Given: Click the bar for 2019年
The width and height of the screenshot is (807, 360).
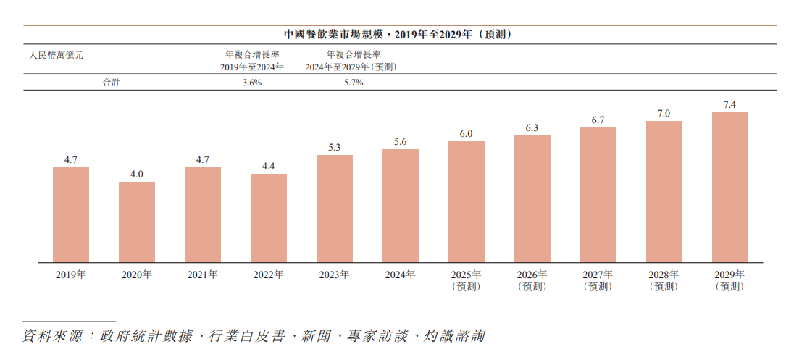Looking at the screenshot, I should pos(71,214).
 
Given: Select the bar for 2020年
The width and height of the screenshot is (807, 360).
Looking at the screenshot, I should pos(137,222).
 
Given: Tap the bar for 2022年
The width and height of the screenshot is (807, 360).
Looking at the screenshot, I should pos(269,217).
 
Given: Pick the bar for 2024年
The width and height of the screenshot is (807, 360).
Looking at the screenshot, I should pos(401,206).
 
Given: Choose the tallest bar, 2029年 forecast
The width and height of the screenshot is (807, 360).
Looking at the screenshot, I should pos(730,187).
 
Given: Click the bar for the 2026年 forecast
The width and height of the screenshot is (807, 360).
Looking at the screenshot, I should pos(532,198).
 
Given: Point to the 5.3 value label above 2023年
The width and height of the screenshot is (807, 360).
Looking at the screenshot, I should pos(335,147).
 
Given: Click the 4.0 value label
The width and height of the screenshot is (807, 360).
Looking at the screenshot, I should pos(137,174).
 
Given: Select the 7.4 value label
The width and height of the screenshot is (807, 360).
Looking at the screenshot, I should pos(730,105).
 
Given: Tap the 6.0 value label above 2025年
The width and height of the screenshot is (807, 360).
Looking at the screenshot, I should pos(467,133).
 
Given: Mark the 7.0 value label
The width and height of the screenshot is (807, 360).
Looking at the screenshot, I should pos(664,113).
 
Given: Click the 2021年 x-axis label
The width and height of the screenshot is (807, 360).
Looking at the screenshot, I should pos(203,275).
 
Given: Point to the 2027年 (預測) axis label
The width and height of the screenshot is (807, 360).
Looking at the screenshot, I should pos(598,280).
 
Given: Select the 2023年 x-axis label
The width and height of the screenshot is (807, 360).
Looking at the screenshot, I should pos(335,275).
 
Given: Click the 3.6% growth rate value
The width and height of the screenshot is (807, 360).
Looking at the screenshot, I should pos(252,83).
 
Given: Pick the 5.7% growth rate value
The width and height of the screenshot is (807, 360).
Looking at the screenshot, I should pos(354,83).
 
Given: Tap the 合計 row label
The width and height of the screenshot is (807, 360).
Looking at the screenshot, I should pos(112,83).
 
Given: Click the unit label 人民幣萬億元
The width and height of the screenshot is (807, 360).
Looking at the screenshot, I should pos(57,54).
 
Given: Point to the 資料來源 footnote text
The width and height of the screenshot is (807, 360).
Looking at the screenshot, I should pos(254,336).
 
